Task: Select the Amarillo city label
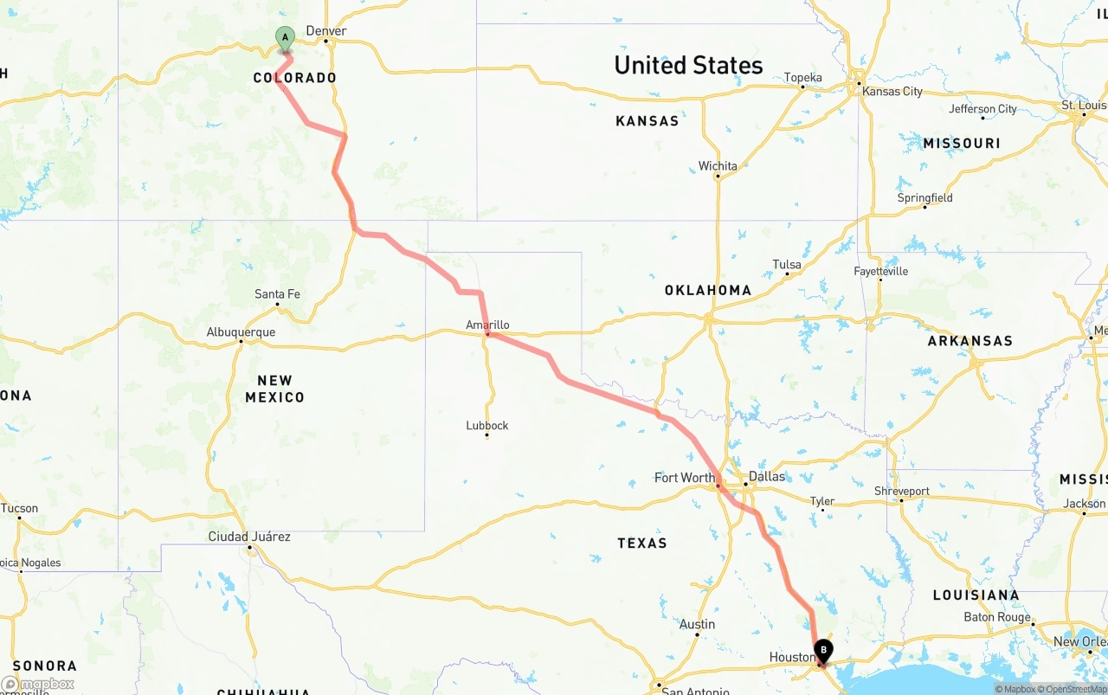[x=487, y=325]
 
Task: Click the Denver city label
[x=326, y=31]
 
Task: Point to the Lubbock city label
[x=487, y=426]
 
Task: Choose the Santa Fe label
[x=277, y=294]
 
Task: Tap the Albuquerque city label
[x=241, y=332]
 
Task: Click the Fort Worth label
[x=685, y=478]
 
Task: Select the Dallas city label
[x=767, y=476]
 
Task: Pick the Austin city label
[x=697, y=624]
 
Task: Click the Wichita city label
[x=718, y=166]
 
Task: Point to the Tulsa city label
[x=787, y=265]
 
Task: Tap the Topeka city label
[x=802, y=78]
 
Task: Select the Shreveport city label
[x=901, y=491]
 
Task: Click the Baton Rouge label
[x=997, y=617]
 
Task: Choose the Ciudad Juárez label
[x=249, y=537]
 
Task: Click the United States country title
[x=688, y=65]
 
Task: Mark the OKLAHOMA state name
[x=708, y=290]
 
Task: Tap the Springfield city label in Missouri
[x=924, y=197]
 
